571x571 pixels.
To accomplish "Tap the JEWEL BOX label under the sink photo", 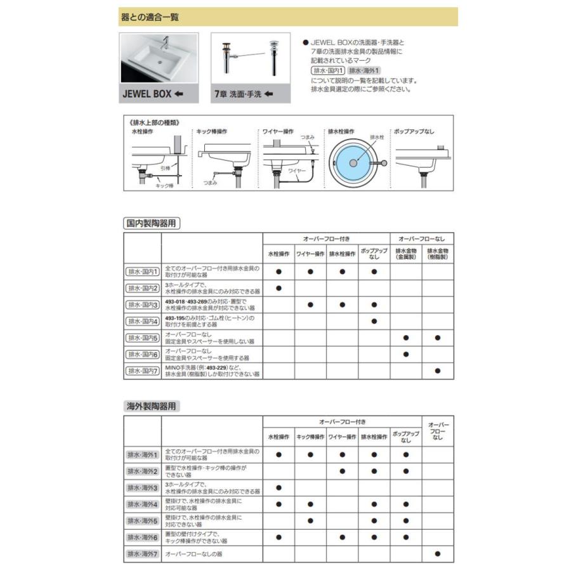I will tap(152, 94).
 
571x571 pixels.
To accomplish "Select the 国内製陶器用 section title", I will tap(150, 223).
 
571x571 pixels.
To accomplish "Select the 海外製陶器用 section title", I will tap(150, 405).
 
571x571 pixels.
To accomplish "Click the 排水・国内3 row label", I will tap(142, 305).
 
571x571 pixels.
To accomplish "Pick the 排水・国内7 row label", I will tap(142, 371).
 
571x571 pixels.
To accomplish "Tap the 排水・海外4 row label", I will tap(142, 504).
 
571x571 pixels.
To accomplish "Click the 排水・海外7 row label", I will tap(142, 554).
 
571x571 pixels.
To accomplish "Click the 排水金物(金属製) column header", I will tap(405, 255).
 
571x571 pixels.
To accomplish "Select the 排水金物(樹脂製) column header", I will tap(438, 255).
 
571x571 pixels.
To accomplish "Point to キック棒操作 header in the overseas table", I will tap(310, 437).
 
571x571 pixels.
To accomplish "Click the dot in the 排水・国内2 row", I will tap(279, 288).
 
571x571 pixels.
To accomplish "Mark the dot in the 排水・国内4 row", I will tap(374, 321).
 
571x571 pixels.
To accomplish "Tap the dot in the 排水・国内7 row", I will tap(438, 371).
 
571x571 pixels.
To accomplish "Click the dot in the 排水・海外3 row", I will tap(279, 488).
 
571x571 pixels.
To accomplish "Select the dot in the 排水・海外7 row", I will tap(438, 554).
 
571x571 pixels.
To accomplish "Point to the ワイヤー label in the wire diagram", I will tap(296, 171).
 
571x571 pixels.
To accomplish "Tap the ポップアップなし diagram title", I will tap(414, 131).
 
